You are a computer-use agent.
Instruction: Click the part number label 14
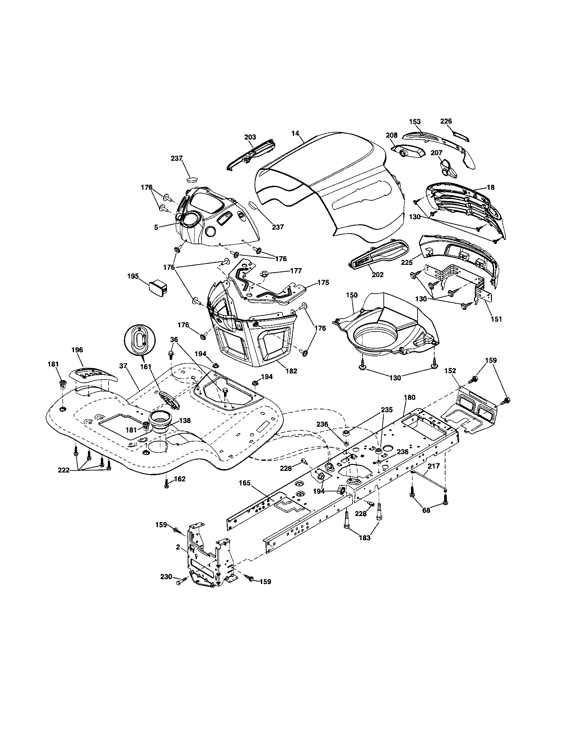click(x=295, y=133)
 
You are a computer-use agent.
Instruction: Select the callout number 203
click(x=250, y=137)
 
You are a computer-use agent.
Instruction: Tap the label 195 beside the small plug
click(x=133, y=276)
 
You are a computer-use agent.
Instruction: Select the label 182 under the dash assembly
click(x=291, y=371)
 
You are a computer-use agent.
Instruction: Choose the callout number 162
click(x=180, y=479)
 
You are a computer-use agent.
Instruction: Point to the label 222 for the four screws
click(x=63, y=470)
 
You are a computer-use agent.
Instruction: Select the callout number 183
click(x=364, y=538)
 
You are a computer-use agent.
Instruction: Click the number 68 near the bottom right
click(x=427, y=511)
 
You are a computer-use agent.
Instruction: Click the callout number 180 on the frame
click(x=410, y=397)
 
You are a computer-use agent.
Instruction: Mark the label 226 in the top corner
click(x=446, y=121)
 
